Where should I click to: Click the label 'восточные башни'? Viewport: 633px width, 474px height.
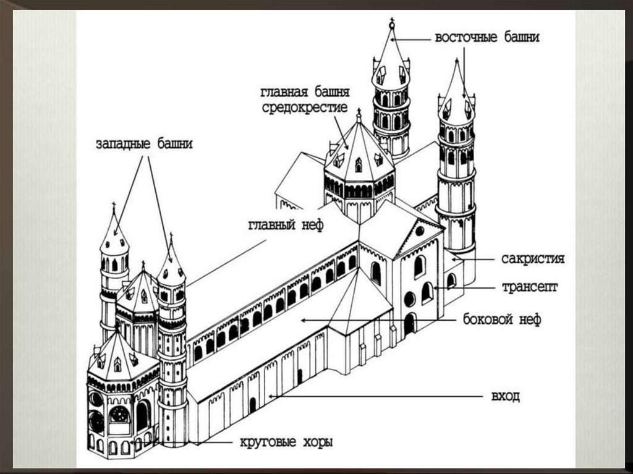click(x=487, y=37)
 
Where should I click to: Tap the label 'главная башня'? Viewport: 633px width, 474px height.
click(x=305, y=93)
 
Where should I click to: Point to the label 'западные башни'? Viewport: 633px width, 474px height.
click(x=144, y=144)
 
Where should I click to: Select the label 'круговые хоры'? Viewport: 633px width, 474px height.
click(x=285, y=442)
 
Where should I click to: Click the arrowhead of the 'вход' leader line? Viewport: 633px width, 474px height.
click(x=271, y=396)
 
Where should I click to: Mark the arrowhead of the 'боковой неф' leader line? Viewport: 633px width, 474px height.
click(x=301, y=320)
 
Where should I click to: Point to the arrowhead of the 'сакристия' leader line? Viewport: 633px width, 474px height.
click(x=452, y=260)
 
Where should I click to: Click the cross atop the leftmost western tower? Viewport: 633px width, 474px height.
click(x=113, y=206)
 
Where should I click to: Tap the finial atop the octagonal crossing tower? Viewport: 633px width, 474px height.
click(x=358, y=114)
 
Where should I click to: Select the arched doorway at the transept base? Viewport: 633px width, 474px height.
click(x=410, y=323)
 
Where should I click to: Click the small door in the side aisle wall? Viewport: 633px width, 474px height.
click(x=252, y=405)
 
